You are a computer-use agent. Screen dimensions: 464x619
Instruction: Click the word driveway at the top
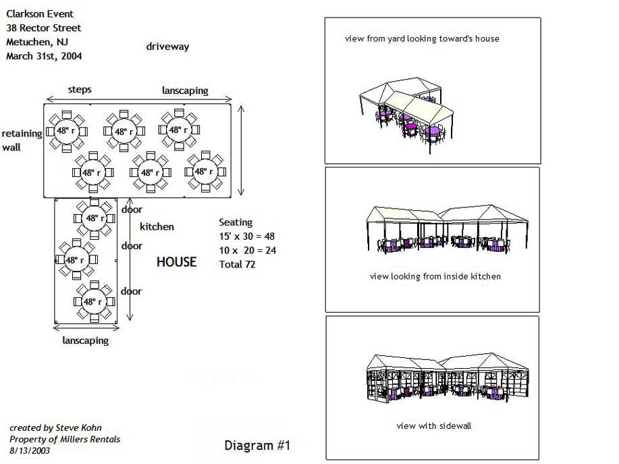(167, 47)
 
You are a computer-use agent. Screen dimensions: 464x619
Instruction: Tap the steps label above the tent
(80, 89)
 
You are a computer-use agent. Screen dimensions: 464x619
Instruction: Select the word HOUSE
(176, 262)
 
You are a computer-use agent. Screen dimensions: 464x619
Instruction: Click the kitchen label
(157, 227)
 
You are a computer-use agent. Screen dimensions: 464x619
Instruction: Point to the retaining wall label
(22, 140)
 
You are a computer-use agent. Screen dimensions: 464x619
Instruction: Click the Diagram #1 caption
(257, 446)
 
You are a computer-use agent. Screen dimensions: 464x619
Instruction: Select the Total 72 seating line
(237, 264)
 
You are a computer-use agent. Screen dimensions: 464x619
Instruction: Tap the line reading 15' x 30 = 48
(246, 236)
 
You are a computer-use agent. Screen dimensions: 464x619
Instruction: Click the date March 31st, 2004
(44, 56)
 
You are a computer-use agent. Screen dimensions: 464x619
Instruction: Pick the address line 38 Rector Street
(43, 28)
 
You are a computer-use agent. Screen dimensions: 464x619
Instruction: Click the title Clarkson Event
(40, 14)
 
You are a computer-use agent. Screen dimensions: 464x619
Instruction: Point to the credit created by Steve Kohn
(55, 428)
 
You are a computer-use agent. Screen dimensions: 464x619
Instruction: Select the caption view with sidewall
(433, 426)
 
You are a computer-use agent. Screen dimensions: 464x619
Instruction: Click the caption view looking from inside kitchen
(435, 276)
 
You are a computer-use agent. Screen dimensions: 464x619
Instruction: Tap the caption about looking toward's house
(422, 38)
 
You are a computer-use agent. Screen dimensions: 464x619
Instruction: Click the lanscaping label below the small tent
(85, 340)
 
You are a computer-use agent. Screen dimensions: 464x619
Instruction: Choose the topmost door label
(132, 209)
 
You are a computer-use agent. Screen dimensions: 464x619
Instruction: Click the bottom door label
(131, 291)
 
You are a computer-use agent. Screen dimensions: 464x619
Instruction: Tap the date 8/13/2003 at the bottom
(30, 449)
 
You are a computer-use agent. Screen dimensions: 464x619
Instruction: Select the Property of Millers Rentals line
(65, 439)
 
